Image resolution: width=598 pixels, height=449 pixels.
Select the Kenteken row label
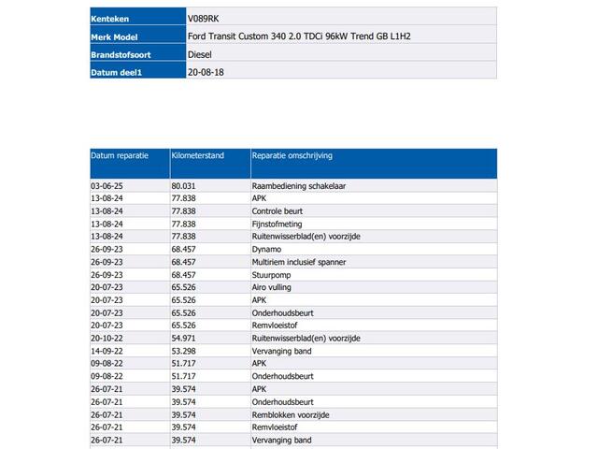point(109,18)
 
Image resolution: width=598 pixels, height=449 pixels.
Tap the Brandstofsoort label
point(121,55)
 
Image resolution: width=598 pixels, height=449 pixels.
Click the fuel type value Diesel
point(200,55)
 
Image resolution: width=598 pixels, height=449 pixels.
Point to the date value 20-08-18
point(206,73)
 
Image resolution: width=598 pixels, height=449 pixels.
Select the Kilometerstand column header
point(198,156)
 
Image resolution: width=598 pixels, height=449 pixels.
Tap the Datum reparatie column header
point(119,156)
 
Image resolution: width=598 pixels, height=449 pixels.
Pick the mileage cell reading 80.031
point(185,186)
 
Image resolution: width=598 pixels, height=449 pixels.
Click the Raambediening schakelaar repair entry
point(299,186)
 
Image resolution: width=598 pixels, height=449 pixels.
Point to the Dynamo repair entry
point(267,250)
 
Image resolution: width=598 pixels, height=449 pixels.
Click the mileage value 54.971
point(185,339)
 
